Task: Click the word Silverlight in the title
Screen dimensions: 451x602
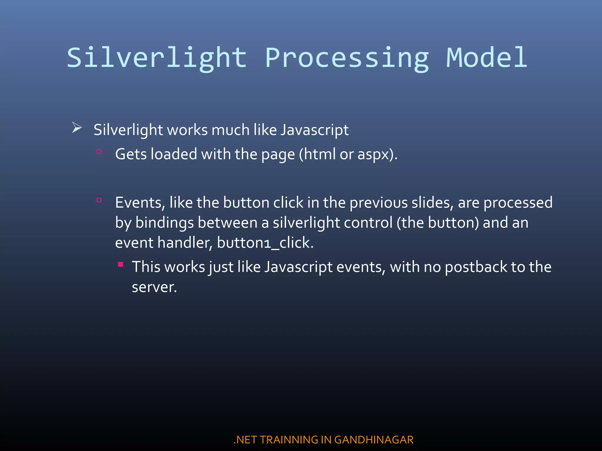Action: [x=157, y=58]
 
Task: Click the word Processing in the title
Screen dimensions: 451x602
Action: [x=347, y=58]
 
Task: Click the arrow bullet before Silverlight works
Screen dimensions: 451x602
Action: [x=77, y=128]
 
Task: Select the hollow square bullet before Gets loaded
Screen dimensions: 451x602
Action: [x=99, y=152]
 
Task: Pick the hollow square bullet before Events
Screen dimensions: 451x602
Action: [x=99, y=200]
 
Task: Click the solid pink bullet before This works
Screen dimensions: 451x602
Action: [x=121, y=264]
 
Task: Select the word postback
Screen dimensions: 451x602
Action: [x=476, y=267]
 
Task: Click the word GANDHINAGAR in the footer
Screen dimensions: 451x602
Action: [x=374, y=440]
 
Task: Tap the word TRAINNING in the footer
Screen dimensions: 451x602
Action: [x=289, y=440]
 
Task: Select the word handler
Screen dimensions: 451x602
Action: [x=184, y=243]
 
